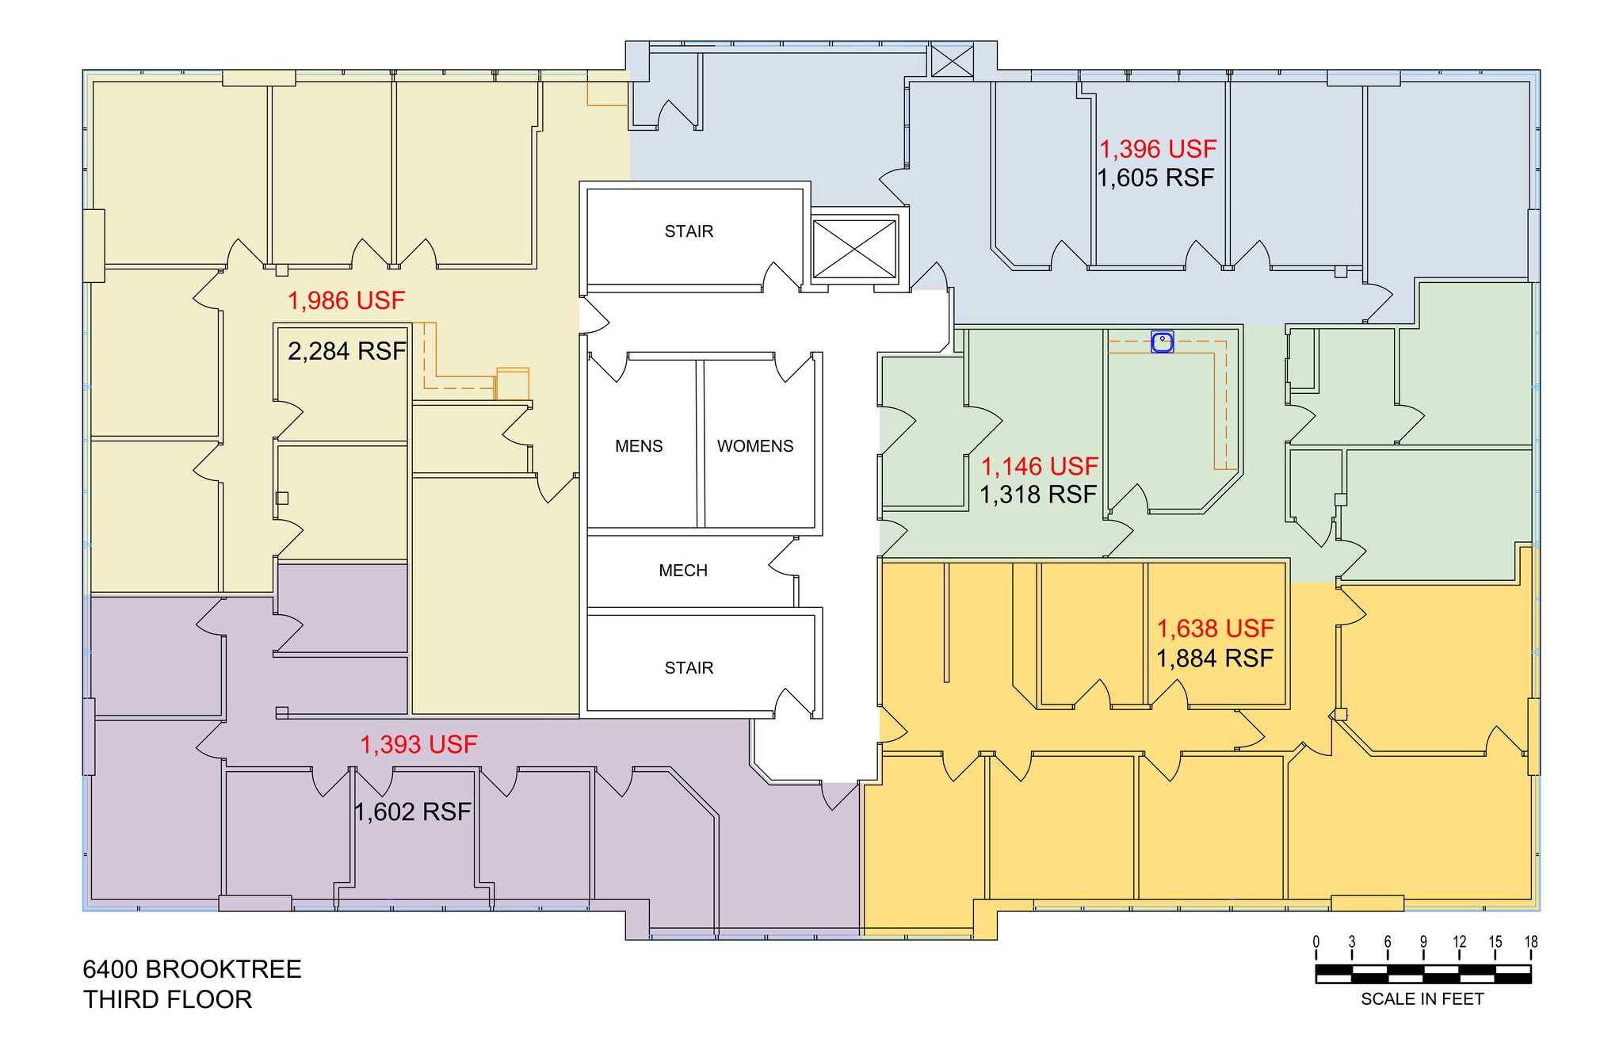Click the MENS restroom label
click(x=639, y=446)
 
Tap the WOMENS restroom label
click(x=754, y=446)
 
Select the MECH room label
click(x=682, y=571)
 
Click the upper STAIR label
click(x=689, y=231)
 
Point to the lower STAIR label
click(x=689, y=668)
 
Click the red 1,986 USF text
click(x=346, y=300)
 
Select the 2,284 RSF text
click(x=346, y=351)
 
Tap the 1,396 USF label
click(x=1157, y=149)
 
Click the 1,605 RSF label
click(x=1155, y=178)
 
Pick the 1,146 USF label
click(x=1040, y=466)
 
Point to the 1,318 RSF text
click(x=1038, y=494)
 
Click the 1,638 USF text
click(x=1215, y=628)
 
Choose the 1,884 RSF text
click(x=1214, y=658)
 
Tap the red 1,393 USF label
click(x=418, y=744)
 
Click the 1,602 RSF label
click(x=412, y=811)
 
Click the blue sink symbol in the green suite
click(x=1162, y=342)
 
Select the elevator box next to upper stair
click(x=854, y=249)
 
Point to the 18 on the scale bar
click(x=1530, y=942)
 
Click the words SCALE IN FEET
click(x=1422, y=999)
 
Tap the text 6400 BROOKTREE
click(x=192, y=969)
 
